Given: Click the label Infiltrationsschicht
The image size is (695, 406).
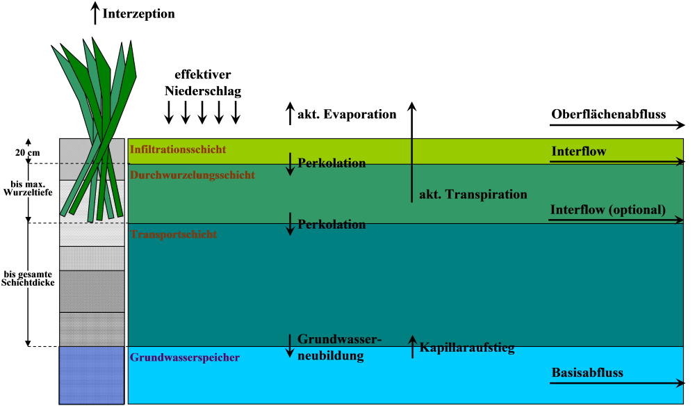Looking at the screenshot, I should [x=178, y=149].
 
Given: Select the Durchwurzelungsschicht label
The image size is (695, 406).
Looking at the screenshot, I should [x=193, y=175].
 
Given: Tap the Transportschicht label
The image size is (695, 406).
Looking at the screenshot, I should [x=173, y=235].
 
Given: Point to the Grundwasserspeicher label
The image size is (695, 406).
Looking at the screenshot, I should [x=185, y=358].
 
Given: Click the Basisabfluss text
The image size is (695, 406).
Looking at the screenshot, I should [x=587, y=373].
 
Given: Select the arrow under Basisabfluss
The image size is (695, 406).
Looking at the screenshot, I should [x=616, y=383].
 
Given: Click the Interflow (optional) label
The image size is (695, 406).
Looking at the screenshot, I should [x=608, y=210].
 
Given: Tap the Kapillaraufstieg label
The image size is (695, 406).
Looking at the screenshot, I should [x=467, y=348].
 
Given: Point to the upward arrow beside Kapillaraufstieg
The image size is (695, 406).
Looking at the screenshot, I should [x=412, y=346].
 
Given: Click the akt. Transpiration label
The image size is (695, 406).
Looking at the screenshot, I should [x=473, y=195].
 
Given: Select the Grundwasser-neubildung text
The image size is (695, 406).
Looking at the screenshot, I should [x=339, y=348].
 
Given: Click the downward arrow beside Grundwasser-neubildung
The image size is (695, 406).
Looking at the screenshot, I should [x=291, y=346].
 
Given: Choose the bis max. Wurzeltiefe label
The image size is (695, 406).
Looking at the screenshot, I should [x=28, y=188].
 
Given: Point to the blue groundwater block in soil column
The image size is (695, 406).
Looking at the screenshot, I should [x=91, y=375].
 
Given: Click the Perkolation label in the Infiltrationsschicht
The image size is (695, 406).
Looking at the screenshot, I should [x=332, y=163].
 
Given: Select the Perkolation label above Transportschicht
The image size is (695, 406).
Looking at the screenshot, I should [x=332, y=225].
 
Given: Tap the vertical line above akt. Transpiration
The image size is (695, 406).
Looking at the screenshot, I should [x=411, y=170].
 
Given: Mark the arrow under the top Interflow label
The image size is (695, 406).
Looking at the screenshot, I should [x=616, y=162].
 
